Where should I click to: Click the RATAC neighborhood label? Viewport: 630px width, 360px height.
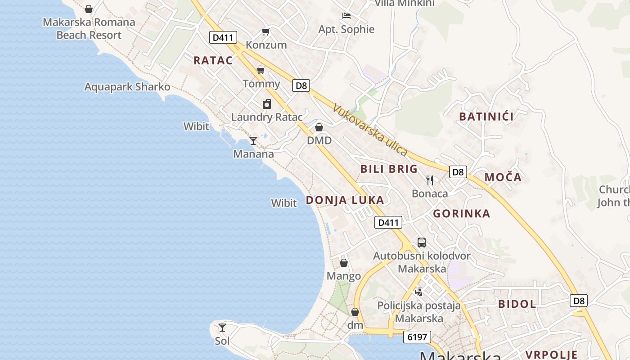(x=213, y=61)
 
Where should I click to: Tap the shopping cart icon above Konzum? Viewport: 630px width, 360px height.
(x=266, y=31)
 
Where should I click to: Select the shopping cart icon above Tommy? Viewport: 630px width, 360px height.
(x=261, y=70)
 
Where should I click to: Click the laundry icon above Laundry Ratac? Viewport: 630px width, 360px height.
(x=267, y=104)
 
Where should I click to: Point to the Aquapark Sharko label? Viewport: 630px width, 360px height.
(x=127, y=87)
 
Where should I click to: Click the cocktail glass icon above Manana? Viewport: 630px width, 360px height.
(x=253, y=141)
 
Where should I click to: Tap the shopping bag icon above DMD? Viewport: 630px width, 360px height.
(x=319, y=127)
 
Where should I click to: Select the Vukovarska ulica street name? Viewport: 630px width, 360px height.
(x=370, y=130)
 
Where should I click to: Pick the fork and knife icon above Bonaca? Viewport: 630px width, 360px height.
(x=430, y=180)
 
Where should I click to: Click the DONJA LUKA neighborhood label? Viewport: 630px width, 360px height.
(x=345, y=200)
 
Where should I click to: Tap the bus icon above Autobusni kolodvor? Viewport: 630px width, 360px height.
(x=422, y=243)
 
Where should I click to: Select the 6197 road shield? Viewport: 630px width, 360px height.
(x=417, y=337)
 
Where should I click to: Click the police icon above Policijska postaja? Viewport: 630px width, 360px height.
(x=419, y=292)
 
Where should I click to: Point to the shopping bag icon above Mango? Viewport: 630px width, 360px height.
(x=344, y=263)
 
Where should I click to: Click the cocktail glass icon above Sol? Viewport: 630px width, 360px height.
(x=222, y=328)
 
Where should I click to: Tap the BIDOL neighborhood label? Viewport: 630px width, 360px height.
(x=517, y=304)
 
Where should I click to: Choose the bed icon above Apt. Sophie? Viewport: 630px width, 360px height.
(x=346, y=16)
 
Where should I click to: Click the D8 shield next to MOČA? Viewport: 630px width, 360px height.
(x=458, y=172)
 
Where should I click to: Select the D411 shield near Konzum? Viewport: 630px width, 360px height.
(x=223, y=37)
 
